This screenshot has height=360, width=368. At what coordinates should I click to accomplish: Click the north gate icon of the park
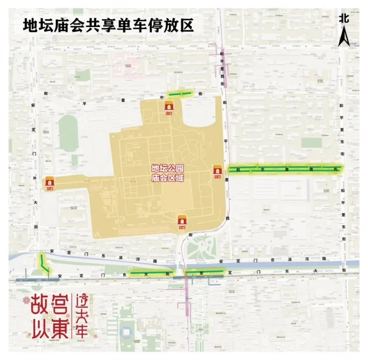[169, 105]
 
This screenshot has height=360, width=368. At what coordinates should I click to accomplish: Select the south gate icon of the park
[182, 221]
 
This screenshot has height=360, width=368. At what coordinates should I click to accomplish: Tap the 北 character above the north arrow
[344, 18]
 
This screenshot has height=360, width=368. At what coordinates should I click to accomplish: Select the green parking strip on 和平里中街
[180, 93]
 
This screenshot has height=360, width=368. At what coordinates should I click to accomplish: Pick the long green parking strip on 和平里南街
[286, 169]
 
